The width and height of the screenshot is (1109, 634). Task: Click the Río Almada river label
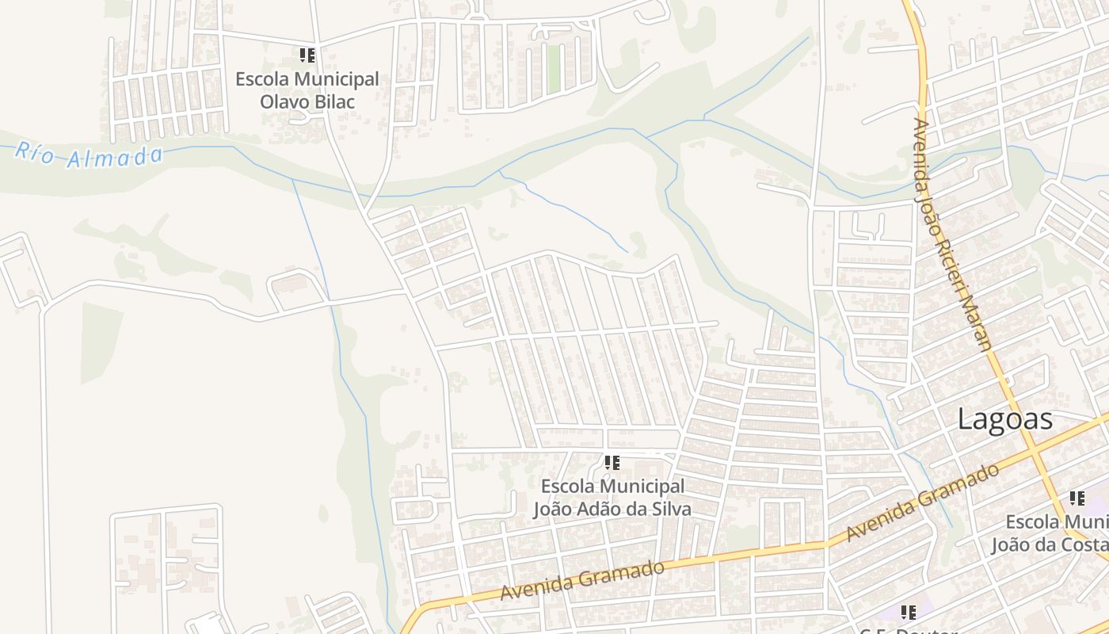pyautogui.click(x=89, y=155)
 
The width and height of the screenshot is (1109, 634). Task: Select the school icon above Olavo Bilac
pyautogui.click(x=307, y=55)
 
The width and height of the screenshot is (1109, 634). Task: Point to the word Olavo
pyautogui.click(x=282, y=101)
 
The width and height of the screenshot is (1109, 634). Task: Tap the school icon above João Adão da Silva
pyautogui.click(x=612, y=462)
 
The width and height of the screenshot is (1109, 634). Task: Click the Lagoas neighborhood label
pyautogui.click(x=1004, y=419)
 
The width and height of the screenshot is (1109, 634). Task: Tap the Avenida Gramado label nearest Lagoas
pyautogui.click(x=922, y=502)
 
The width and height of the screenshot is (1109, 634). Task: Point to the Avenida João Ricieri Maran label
pyautogui.click(x=952, y=234)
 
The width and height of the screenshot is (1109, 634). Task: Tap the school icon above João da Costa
pyautogui.click(x=1077, y=498)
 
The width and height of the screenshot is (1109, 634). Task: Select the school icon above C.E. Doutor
pyautogui.click(x=908, y=612)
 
